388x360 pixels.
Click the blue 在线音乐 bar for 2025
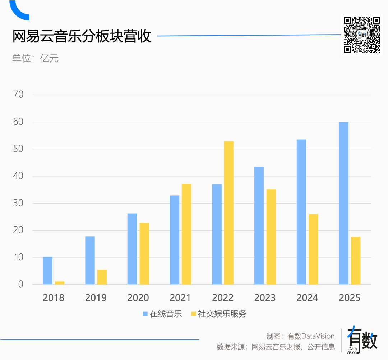tap(343, 203)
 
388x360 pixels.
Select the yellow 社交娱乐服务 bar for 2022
tap(229, 213)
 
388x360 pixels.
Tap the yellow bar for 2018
tap(60, 283)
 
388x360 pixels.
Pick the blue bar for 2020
tap(132, 249)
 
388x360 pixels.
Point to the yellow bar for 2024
tap(313, 249)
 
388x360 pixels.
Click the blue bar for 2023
tap(259, 225)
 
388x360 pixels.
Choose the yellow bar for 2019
tap(102, 277)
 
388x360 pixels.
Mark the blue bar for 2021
tap(175, 240)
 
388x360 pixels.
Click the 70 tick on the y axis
tap(18, 95)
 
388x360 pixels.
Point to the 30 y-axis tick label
tap(18, 203)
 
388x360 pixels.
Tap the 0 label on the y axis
tap(20, 284)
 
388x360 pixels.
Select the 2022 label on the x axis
tap(223, 298)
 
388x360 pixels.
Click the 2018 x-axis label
tap(54, 298)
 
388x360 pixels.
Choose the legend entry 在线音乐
tap(162, 314)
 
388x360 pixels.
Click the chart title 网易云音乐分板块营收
tap(82, 37)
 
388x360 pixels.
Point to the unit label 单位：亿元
tap(35, 59)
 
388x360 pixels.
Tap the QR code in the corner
tap(361, 35)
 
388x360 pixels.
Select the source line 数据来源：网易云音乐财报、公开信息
tap(276, 347)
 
